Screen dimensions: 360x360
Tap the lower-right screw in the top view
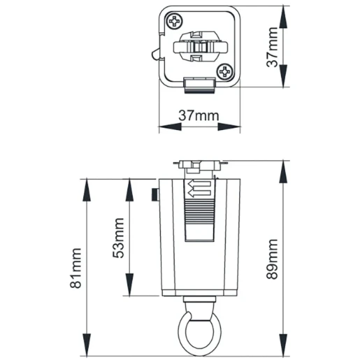[225, 71]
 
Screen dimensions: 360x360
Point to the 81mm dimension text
[78, 266]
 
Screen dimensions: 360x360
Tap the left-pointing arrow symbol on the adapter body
[198, 186]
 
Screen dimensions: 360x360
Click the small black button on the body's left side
[154, 193]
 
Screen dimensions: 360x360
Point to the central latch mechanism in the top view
[200, 46]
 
